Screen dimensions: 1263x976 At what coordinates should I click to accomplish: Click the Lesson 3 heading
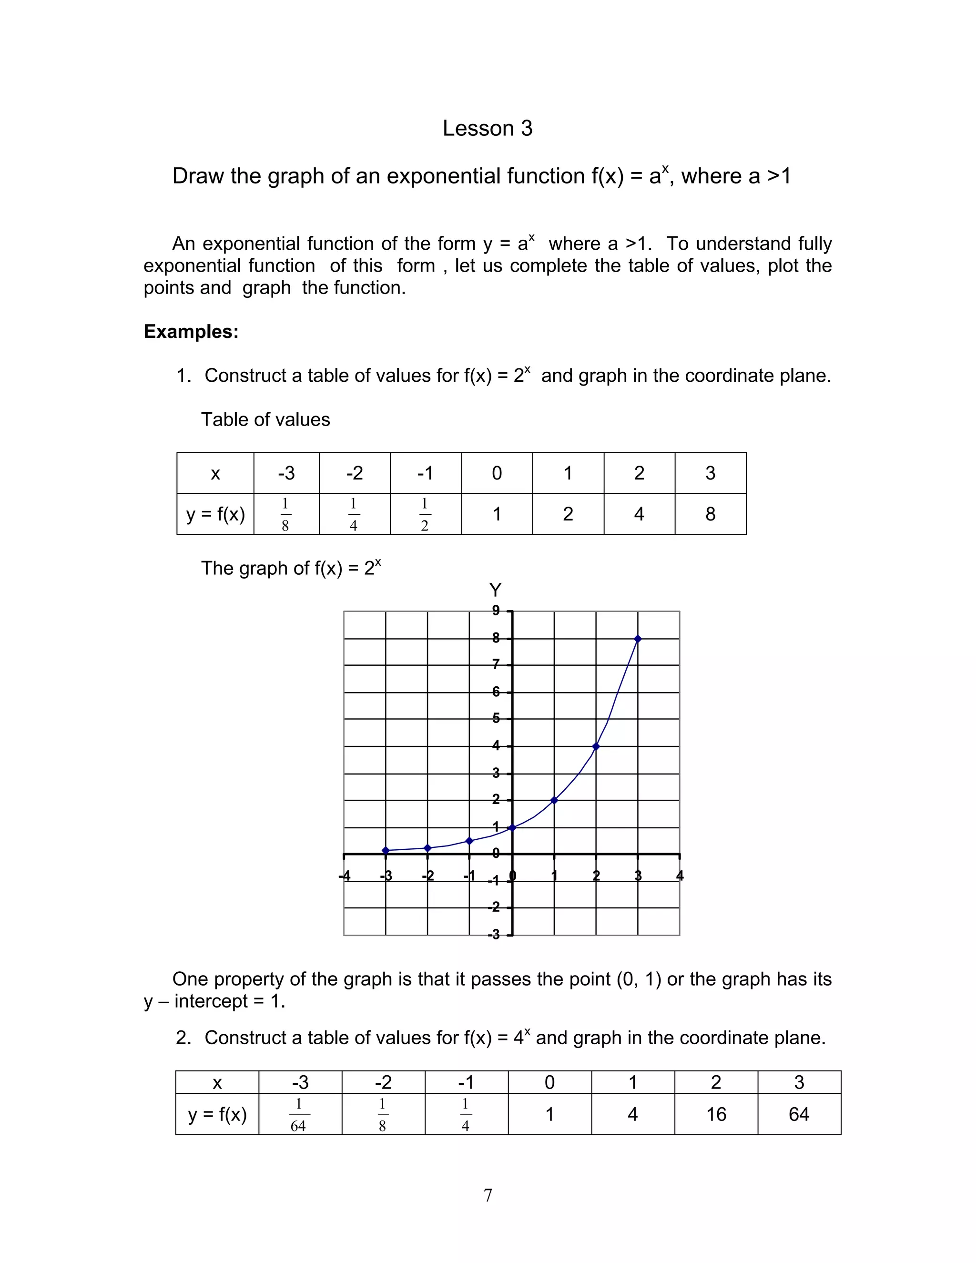click(487, 128)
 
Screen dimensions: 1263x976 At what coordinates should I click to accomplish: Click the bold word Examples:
click(191, 331)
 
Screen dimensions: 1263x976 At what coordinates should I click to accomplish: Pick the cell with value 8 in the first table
click(710, 514)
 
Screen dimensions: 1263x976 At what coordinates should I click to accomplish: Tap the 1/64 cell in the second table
click(299, 1114)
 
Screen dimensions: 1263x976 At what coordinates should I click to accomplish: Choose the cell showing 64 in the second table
click(799, 1114)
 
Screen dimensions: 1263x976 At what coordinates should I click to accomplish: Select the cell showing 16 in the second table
click(716, 1114)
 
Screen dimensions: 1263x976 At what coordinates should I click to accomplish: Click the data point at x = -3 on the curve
click(386, 851)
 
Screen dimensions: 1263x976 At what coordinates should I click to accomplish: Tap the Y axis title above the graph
click(495, 591)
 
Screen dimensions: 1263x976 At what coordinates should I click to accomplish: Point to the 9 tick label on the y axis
click(496, 611)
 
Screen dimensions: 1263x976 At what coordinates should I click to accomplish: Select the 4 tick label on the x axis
click(680, 876)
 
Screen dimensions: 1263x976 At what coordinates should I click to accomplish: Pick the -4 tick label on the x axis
click(345, 876)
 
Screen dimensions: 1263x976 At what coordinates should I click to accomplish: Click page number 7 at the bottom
click(488, 1195)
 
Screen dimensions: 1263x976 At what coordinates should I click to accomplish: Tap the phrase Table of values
click(265, 419)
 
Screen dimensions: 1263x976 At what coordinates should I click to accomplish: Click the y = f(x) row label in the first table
click(215, 514)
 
